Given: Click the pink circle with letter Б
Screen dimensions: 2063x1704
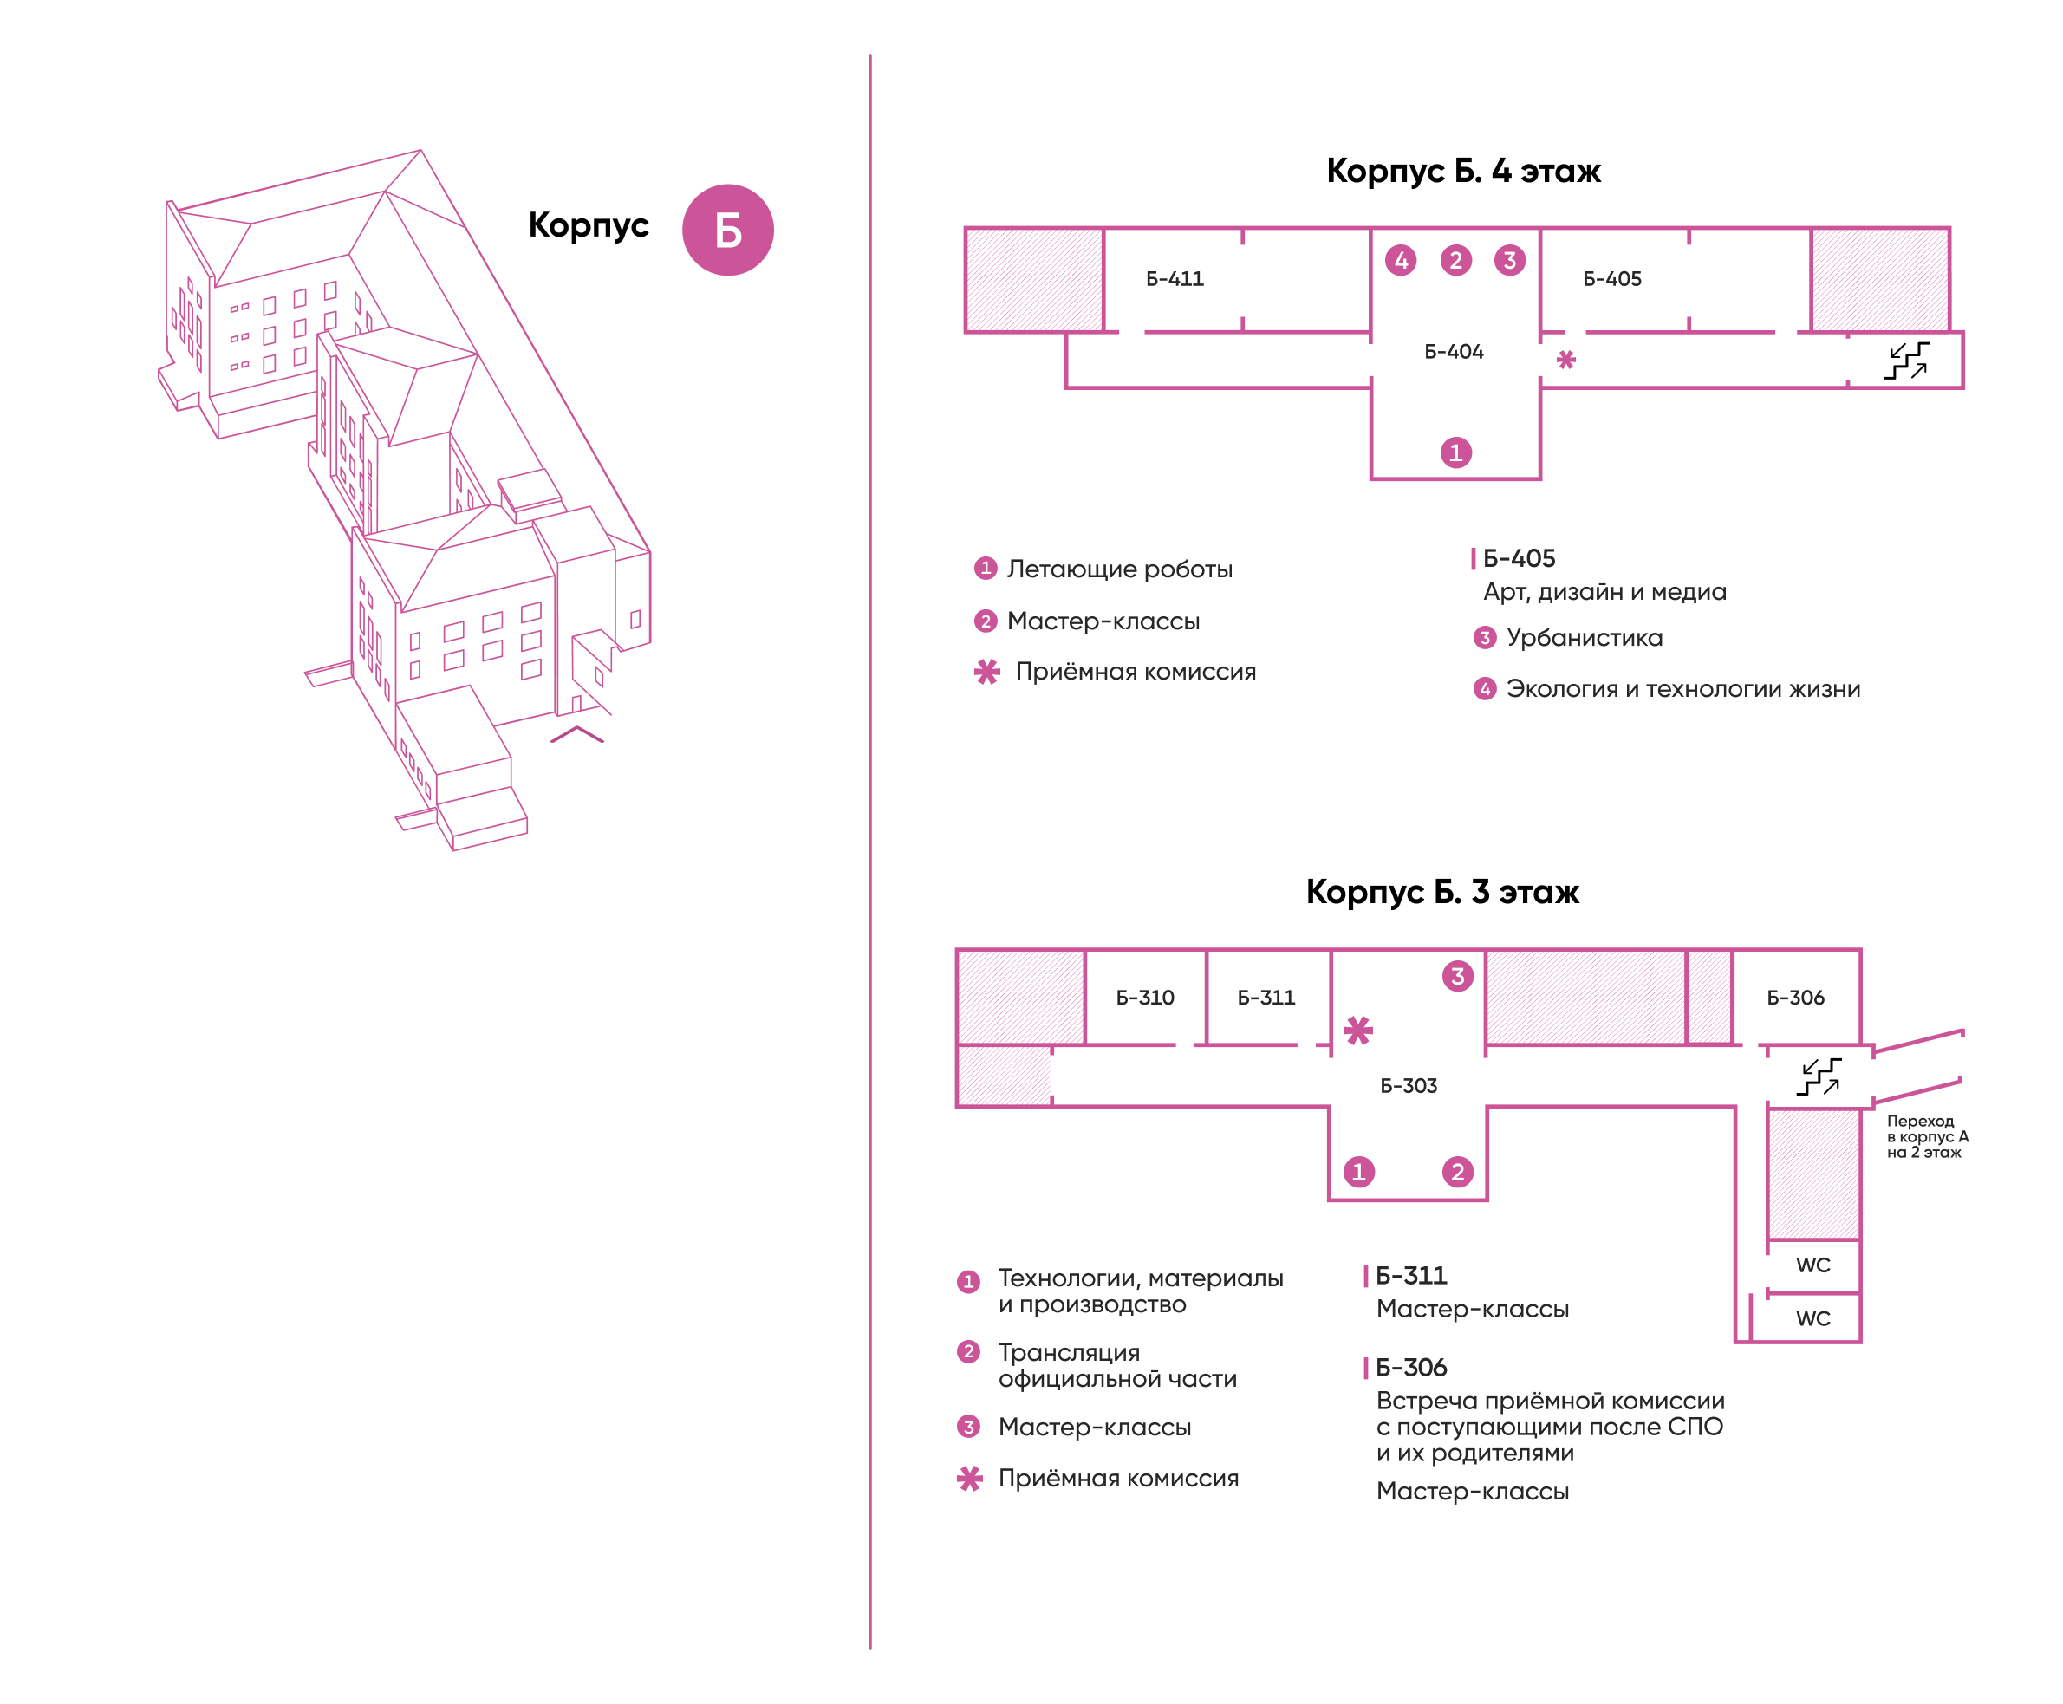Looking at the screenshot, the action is pyautogui.click(x=727, y=230).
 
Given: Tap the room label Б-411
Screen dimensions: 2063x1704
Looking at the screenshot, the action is pyautogui.click(x=1174, y=279).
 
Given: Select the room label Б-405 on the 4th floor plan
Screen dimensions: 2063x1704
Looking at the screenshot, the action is pyautogui.click(x=1611, y=279).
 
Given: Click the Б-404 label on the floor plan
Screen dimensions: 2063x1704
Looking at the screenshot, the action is pyautogui.click(x=1454, y=351).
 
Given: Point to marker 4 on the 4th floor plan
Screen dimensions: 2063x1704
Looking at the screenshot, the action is pyautogui.click(x=1401, y=260).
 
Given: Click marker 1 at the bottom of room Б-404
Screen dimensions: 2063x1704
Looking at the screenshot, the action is pyautogui.click(x=1455, y=452).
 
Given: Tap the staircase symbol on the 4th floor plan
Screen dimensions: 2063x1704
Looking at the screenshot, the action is pyautogui.click(x=1906, y=361).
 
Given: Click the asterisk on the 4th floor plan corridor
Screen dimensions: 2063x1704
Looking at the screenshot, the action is pyautogui.click(x=1565, y=361).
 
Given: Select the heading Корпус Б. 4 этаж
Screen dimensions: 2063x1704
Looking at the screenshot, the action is pyautogui.click(x=1462, y=171).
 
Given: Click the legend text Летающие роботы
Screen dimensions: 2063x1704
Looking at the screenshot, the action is pyautogui.click(x=1119, y=569).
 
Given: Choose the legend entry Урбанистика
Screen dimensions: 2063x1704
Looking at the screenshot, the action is pyautogui.click(x=1584, y=638).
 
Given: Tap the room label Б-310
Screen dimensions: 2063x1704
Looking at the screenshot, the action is pyautogui.click(x=1144, y=998).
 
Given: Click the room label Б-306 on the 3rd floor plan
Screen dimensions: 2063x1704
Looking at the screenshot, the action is pyautogui.click(x=1795, y=998).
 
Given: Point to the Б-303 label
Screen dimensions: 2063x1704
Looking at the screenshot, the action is pyautogui.click(x=1409, y=1086).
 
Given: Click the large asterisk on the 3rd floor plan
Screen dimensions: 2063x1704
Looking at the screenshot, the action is pyautogui.click(x=1358, y=1031).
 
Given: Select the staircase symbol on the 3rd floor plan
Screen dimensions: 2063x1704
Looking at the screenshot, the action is pyautogui.click(x=1819, y=1076).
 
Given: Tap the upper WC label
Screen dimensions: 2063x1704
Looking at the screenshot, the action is pyautogui.click(x=1812, y=1265).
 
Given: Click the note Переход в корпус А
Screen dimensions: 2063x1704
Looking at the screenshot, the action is pyautogui.click(x=1927, y=1128).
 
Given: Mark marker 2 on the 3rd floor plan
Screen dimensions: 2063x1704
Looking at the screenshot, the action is pyautogui.click(x=1457, y=1172).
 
